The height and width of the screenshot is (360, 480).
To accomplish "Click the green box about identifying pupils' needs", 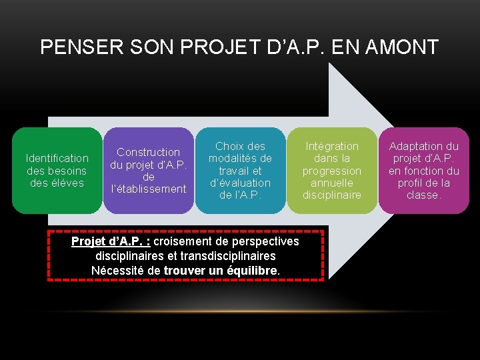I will tap(57, 171).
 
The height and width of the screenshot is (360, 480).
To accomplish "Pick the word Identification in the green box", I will tap(57, 158).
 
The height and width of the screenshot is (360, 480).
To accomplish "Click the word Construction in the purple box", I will tap(148, 152).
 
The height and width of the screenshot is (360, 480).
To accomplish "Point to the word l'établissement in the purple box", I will tap(148, 189).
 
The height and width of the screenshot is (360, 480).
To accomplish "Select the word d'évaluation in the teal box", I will tap(240, 183).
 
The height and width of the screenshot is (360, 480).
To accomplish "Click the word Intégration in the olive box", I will tap(332, 146).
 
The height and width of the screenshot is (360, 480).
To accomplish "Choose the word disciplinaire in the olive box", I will tap(332, 195).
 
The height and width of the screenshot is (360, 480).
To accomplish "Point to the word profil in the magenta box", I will tap(413, 183).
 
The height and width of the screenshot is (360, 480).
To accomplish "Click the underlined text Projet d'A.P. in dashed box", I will tap(110, 241).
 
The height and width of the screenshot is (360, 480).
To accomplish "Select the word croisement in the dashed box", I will tap(181, 241).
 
